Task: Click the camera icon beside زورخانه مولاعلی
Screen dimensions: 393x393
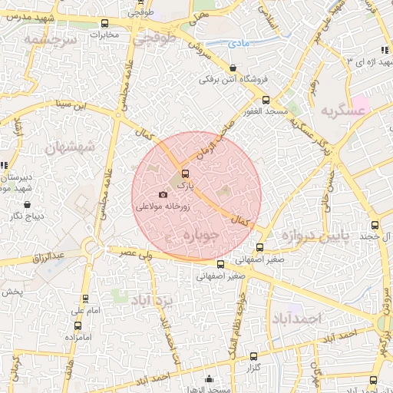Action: (162, 195)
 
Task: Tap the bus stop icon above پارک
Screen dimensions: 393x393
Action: (185, 173)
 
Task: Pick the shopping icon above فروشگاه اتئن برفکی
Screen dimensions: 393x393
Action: (233, 67)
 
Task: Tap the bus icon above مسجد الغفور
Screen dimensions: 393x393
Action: (266, 99)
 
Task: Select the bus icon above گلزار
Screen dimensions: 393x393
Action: (254, 356)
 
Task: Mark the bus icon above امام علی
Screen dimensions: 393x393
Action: (85, 299)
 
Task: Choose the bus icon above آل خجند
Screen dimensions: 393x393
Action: (375, 225)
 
